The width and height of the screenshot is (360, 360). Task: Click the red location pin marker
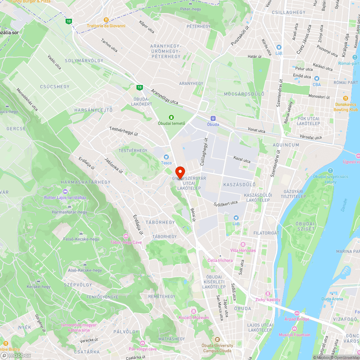click(x=180, y=171)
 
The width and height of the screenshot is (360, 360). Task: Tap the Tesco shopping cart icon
click(x=166, y=157)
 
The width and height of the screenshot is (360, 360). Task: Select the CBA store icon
click(x=316, y=78)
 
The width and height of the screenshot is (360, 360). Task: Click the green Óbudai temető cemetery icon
click(x=171, y=117)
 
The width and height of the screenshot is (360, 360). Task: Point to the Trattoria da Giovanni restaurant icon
click(x=106, y=20)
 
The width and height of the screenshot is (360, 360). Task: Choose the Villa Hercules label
click(x=243, y=250)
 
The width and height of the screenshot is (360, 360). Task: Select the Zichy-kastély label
click(x=267, y=300)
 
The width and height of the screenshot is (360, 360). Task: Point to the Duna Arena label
click(x=332, y=299)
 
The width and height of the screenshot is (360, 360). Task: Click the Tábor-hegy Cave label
click(x=126, y=242)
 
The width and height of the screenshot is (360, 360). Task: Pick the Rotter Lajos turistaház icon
click(x=65, y=191)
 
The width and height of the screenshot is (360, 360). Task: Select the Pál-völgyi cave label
click(x=143, y=349)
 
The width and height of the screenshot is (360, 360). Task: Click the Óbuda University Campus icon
click(x=217, y=339)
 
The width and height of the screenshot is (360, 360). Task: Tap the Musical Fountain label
click(x=294, y=335)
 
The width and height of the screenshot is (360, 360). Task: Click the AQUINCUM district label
click(x=286, y=145)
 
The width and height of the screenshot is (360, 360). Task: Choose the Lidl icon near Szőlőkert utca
click(x=236, y=217)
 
